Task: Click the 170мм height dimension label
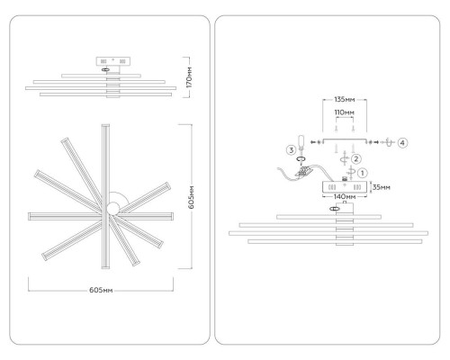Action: point(190,77)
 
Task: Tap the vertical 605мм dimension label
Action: point(192,197)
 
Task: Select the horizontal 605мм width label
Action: point(101,290)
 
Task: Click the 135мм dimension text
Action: point(345,99)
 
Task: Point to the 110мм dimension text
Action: point(345,112)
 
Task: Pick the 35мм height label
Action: point(382,187)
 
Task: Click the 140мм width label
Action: point(345,197)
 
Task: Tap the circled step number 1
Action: point(363,173)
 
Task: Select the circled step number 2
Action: point(356,158)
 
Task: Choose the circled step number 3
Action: point(292,150)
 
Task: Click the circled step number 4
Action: point(402,143)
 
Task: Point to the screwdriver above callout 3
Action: point(301,144)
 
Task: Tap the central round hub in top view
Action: point(113,208)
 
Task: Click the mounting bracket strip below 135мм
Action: point(345,139)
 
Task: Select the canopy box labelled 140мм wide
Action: point(345,187)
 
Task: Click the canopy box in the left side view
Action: point(113,61)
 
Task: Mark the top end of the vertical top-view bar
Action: point(105,125)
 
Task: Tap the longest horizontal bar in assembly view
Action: point(328,233)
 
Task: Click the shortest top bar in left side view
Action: point(101,76)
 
